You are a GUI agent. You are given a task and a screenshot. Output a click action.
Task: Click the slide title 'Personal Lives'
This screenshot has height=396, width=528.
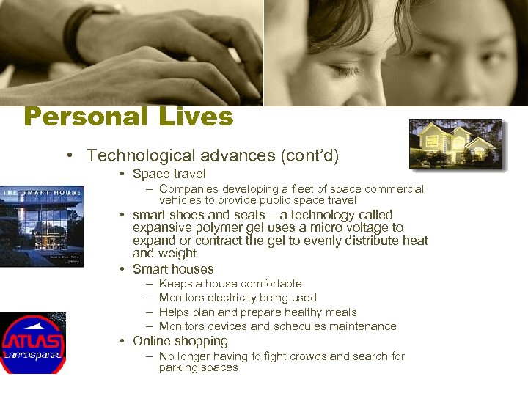tap(128, 117)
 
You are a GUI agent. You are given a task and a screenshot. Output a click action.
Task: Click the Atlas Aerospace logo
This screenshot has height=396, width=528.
tap(32, 343)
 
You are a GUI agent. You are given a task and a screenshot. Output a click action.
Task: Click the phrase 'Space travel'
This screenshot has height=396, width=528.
tap(169, 175)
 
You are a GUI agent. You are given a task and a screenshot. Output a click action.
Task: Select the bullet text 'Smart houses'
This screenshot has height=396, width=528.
tap(173, 269)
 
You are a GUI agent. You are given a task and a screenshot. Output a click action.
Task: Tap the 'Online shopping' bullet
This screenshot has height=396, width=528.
tap(180, 342)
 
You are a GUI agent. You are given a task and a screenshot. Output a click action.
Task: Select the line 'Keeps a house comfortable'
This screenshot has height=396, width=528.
tap(230, 284)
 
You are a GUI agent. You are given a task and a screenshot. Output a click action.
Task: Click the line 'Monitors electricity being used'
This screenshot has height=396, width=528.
tap(238, 298)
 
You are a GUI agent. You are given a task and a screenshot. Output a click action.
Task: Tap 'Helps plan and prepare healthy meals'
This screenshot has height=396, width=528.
tap(257, 312)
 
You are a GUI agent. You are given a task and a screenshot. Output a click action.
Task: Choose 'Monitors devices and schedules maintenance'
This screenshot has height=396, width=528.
tap(277, 326)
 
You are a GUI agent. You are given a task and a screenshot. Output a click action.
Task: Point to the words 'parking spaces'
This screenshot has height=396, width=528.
tap(198, 368)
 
